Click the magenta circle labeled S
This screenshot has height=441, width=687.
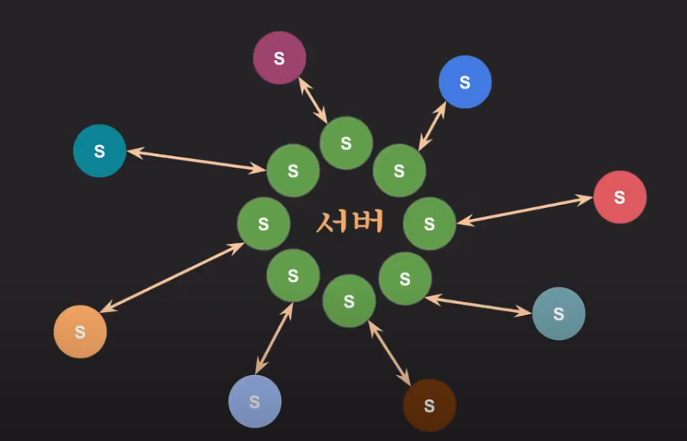coord(279,58)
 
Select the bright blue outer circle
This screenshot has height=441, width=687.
coord(465,82)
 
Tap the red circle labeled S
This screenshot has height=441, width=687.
coord(620,197)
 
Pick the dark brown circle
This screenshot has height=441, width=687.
coord(429,405)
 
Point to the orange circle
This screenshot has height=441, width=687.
coord(80,332)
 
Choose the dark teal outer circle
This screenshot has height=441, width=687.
coord(100,151)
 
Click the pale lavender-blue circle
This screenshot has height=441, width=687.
coord(255,401)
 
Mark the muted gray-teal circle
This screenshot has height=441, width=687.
coord(558,314)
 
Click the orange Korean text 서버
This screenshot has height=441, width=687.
coord(350,221)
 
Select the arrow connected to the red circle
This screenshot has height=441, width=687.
coord(524,209)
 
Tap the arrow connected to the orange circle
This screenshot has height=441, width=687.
coord(172,278)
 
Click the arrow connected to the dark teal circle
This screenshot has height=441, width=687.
coord(196,161)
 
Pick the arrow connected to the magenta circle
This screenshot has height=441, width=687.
coord(313,101)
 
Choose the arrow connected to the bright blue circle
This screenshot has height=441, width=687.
coord(432,126)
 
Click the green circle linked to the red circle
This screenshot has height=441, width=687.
coord(429,224)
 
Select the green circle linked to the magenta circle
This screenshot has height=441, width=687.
coord(346,144)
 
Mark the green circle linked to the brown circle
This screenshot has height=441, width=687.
coord(349,300)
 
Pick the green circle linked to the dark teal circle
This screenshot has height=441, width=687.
coord(293,171)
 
